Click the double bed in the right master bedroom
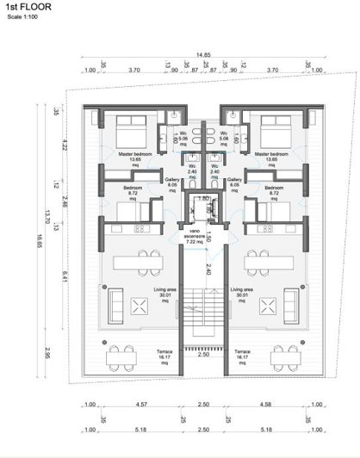(276, 130)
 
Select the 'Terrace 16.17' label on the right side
(242, 356)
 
